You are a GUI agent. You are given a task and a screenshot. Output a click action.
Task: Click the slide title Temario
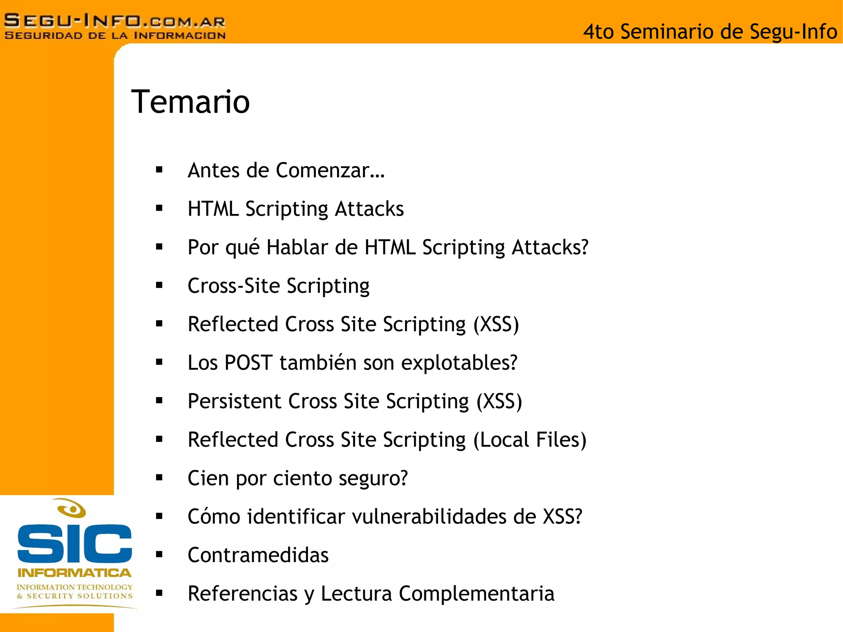[190, 102]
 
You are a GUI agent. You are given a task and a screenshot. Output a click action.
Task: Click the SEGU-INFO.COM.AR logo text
[114, 21]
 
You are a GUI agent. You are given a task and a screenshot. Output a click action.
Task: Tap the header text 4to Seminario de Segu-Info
[710, 32]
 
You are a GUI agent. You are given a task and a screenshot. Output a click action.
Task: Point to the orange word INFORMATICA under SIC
[75, 573]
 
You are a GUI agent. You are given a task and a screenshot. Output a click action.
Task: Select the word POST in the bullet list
[249, 363]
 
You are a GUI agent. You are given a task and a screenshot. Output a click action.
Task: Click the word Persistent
[234, 401]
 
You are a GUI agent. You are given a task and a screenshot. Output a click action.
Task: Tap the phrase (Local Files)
[530, 440]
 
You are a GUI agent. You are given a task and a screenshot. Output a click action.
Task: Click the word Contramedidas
[258, 555]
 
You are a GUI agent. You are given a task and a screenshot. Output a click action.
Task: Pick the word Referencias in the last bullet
[242, 594]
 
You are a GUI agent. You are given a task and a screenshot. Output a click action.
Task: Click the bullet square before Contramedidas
[159, 555]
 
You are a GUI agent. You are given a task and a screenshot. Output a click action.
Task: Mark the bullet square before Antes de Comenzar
[159, 170]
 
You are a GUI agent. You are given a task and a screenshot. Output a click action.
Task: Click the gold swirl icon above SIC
[72, 509]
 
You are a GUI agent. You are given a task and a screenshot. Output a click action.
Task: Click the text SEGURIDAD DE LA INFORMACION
[115, 36]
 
